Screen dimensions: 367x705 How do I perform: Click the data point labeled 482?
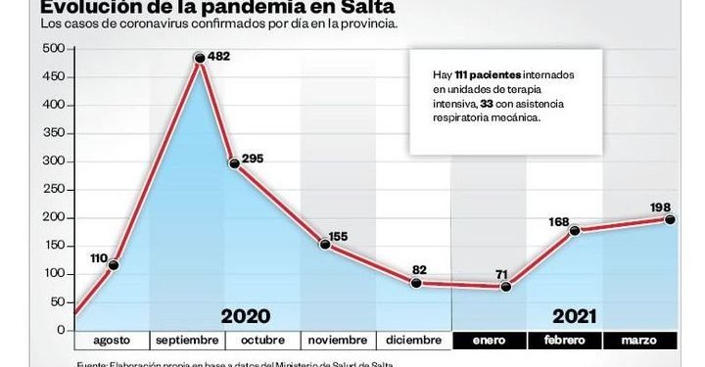tap(200, 59)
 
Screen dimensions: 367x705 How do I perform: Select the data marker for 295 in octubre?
tap(235, 163)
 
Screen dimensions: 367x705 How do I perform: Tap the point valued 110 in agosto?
tap(115, 265)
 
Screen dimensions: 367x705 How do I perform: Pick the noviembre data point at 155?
tap(325, 244)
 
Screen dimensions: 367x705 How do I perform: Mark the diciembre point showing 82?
tap(416, 283)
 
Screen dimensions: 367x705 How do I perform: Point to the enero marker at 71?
tap(506, 287)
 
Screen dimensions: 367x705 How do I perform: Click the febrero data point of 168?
tap(574, 231)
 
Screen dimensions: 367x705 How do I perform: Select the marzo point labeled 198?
tap(671, 219)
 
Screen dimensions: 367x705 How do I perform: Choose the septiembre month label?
tap(187, 341)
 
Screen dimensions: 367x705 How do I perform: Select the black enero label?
tap(490, 341)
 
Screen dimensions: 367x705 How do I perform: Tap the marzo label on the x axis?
tap(640, 341)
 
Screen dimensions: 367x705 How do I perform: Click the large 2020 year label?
tap(245, 316)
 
